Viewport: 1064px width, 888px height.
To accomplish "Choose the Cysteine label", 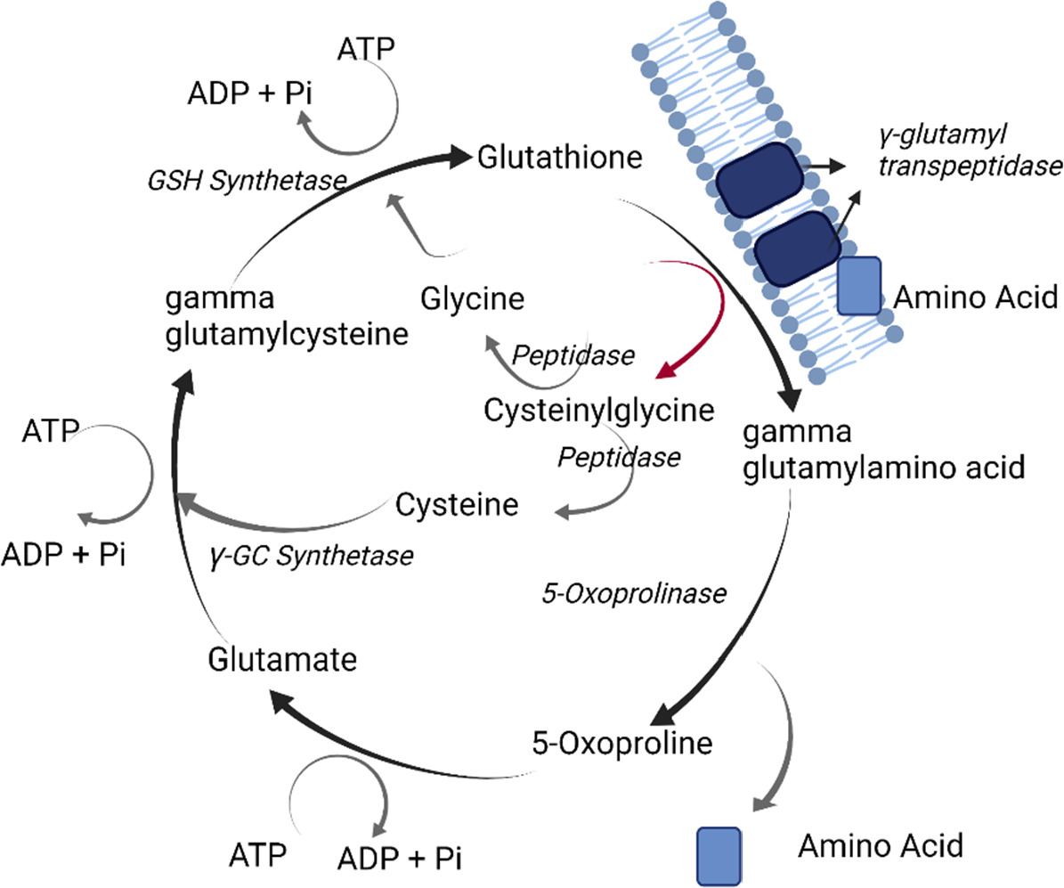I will pos(458,505).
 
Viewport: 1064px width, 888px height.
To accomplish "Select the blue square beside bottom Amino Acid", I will pos(719,856).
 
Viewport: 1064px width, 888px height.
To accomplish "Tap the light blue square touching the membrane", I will pos(859,285).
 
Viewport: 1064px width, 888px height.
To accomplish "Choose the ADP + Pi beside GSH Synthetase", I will pos(245,94).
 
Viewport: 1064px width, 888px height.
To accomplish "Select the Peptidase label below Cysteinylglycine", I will pos(619,458).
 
